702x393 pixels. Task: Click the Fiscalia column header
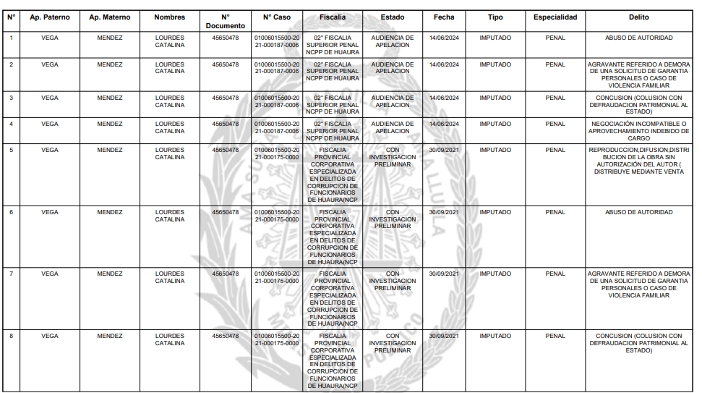(332, 17)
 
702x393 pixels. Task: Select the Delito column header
(639, 17)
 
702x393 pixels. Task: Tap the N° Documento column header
(225, 21)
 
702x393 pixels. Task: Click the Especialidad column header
(555, 17)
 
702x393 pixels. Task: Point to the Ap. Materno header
(110, 17)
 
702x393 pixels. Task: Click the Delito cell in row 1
(639, 36)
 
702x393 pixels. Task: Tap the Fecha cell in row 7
(444, 274)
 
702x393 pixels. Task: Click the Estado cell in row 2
(393, 68)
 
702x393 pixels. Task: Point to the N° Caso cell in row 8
(277, 340)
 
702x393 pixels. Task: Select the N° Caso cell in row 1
(277, 40)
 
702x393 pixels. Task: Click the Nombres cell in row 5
(170, 154)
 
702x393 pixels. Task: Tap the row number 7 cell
(11, 274)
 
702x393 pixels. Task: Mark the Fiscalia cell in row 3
(332, 104)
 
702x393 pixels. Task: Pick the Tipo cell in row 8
(495, 336)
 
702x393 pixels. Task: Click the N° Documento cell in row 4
(225, 124)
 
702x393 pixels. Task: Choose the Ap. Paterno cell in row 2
(50, 64)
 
